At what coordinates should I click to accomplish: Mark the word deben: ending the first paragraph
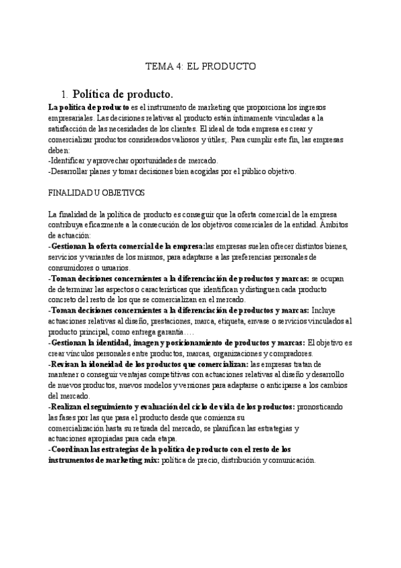(x=60, y=151)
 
